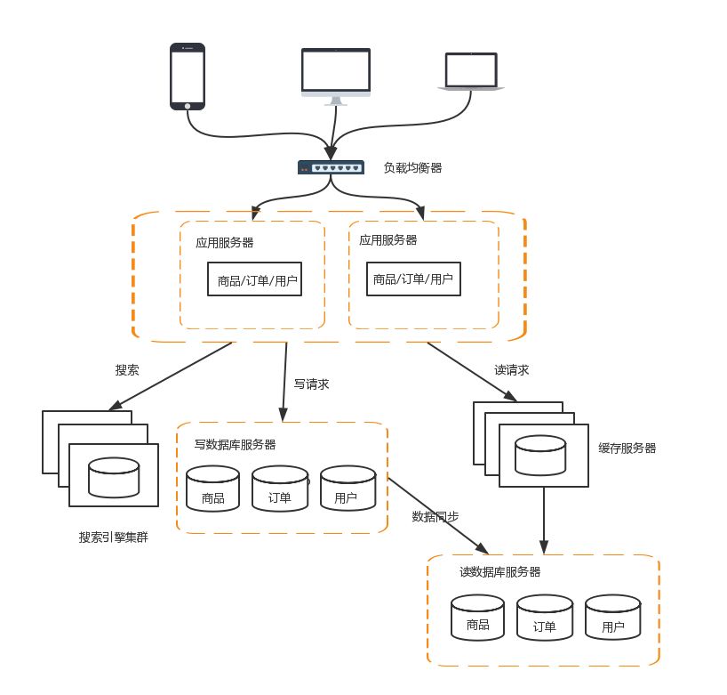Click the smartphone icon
tap(188, 77)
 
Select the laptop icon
tap(472, 72)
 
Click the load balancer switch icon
tap(331, 167)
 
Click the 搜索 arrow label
tap(127, 369)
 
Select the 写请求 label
tap(312, 384)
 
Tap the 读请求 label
tap(512, 369)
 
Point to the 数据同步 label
tap(435, 516)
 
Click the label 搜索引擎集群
tap(113, 537)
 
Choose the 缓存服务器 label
tap(627, 449)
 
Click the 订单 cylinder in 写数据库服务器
tap(280, 488)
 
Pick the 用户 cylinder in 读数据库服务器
tap(612, 617)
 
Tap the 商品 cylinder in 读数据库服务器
tap(477, 617)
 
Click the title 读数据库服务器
tap(500, 572)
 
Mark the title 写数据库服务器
tap(235, 444)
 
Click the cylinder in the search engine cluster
tap(114, 478)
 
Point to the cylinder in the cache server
tap(542, 455)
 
